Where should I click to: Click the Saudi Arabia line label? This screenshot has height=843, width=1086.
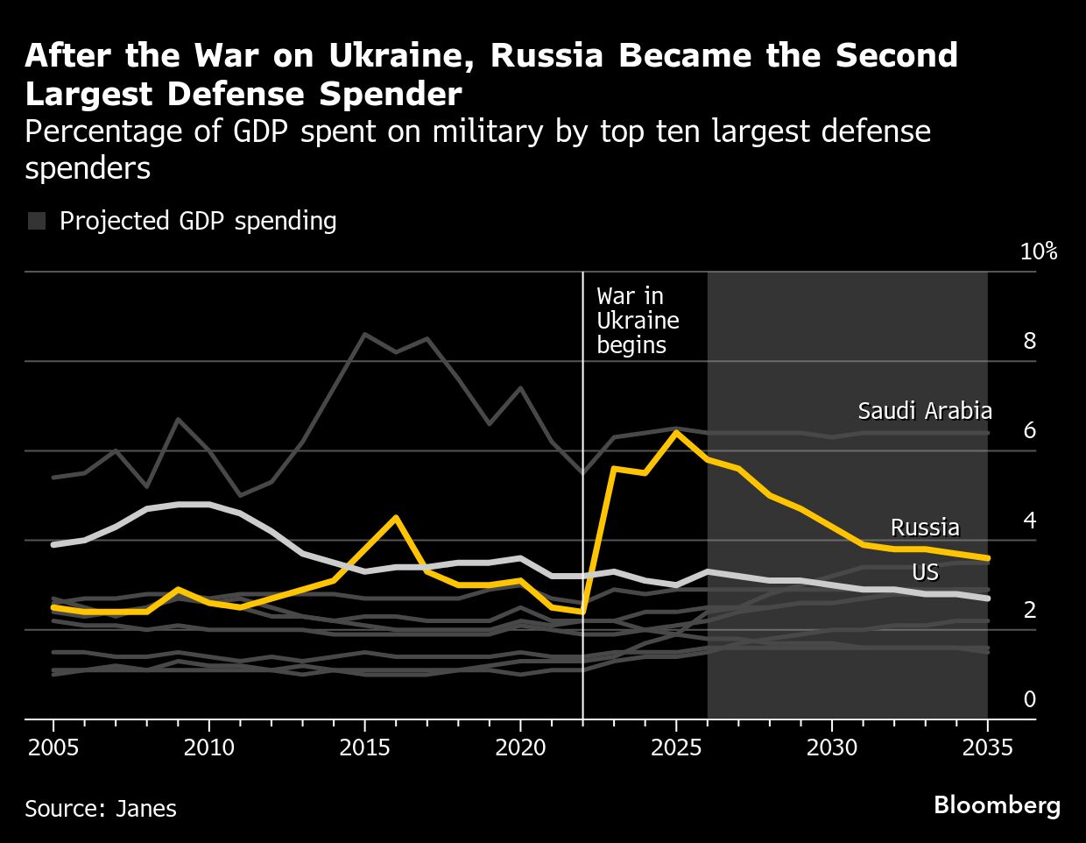(924, 411)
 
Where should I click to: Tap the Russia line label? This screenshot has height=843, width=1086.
(925, 528)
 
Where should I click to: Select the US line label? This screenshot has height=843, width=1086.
(925, 572)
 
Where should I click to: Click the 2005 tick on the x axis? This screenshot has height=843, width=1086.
(53, 747)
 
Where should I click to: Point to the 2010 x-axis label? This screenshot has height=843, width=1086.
(209, 747)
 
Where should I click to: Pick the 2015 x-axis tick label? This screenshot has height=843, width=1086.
(364, 747)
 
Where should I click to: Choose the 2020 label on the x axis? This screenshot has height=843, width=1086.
(520, 747)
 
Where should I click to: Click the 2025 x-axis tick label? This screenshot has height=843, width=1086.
(675, 747)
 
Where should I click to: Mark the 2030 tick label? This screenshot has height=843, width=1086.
(831, 747)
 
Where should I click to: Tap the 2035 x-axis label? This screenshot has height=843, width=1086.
(987, 747)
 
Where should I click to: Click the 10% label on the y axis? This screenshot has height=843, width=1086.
(1039, 252)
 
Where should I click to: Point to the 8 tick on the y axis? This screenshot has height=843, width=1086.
(1030, 341)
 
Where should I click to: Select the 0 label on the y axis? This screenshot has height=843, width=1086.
(1030, 698)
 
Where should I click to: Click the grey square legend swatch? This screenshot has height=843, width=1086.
(37, 221)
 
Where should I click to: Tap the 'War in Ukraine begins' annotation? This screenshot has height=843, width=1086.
(638, 321)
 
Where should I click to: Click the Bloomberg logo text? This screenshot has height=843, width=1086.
(997, 805)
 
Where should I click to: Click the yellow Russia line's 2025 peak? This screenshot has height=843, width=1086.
(675, 432)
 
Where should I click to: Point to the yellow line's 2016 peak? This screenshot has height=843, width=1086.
(396, 517)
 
